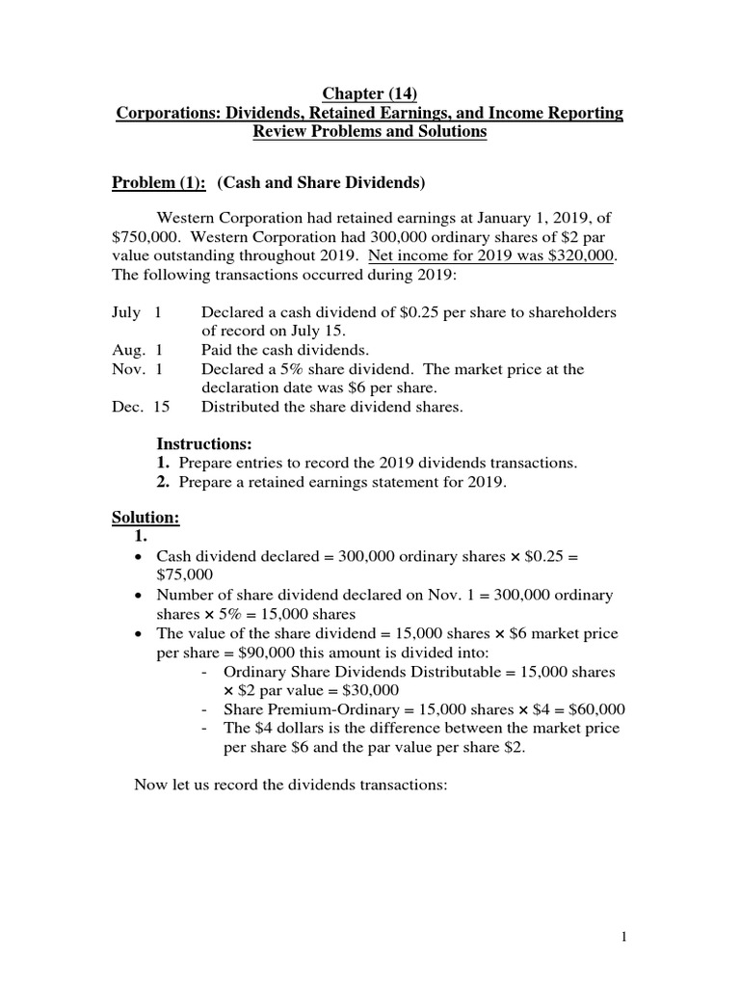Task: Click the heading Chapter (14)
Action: click(x=370, y=93)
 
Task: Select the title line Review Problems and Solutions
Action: click(x=370, y=132)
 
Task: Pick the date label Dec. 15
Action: click(x=141, y=406)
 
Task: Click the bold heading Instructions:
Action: click(x=203, y=444)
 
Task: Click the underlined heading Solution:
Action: click(x=145, y=518)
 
